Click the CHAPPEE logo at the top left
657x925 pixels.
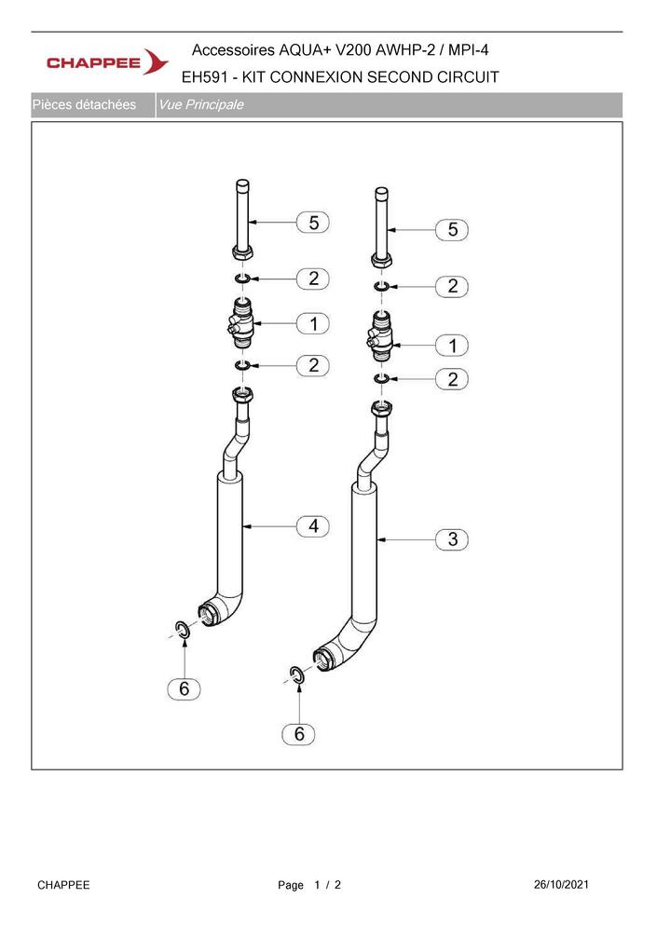click(x=107, y=61)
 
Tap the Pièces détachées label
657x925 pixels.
click(x=85, y=105)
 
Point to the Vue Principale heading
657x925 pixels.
click(x=201, y=105)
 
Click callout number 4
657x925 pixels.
click(x=313, y=525)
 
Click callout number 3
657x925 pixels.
click(x=452, y=539)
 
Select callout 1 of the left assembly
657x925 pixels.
click(x=313, y=323)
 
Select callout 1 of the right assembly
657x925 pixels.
click(x=452, y=345)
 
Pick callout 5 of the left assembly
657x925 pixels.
click(x=313, y=223)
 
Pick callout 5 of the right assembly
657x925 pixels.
click(x=452, y=229)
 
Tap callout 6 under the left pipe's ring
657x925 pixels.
click(x=185, y=688)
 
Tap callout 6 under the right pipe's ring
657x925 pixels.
click(x=299, y=734)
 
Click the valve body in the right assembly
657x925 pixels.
click(x=381, y=336)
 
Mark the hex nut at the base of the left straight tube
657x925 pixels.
click(x=242, y=253)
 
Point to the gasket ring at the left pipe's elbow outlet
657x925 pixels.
click(x=183, y=630)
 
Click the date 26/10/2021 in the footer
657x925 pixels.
click(x=561, y=884)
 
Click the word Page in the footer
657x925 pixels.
click(x=291, y=885)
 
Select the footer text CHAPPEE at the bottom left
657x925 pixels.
click(x=63, y=885)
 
